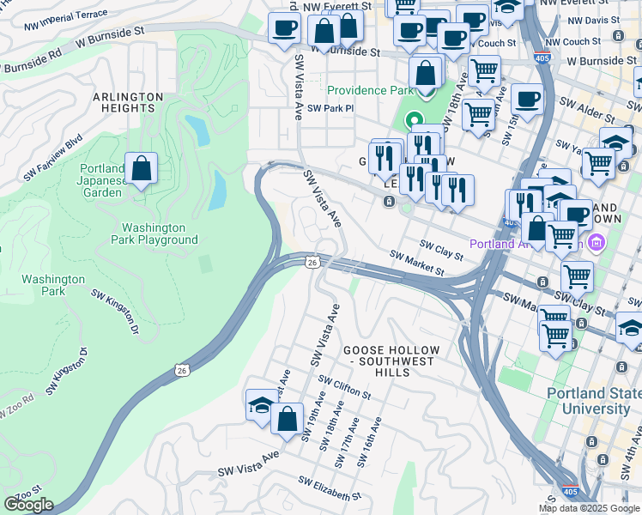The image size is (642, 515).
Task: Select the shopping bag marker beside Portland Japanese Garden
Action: (141, 170)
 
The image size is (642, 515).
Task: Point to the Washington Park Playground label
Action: (160, 233)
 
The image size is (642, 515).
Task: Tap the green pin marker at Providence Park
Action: (415, 121)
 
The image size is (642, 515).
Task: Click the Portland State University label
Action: (595, 401)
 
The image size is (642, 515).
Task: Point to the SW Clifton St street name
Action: (343, 387)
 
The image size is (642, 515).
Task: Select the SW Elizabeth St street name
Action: (330, 489)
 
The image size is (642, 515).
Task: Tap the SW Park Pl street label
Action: (330, 109)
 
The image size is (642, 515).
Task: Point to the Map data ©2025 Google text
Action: (589, 508)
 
